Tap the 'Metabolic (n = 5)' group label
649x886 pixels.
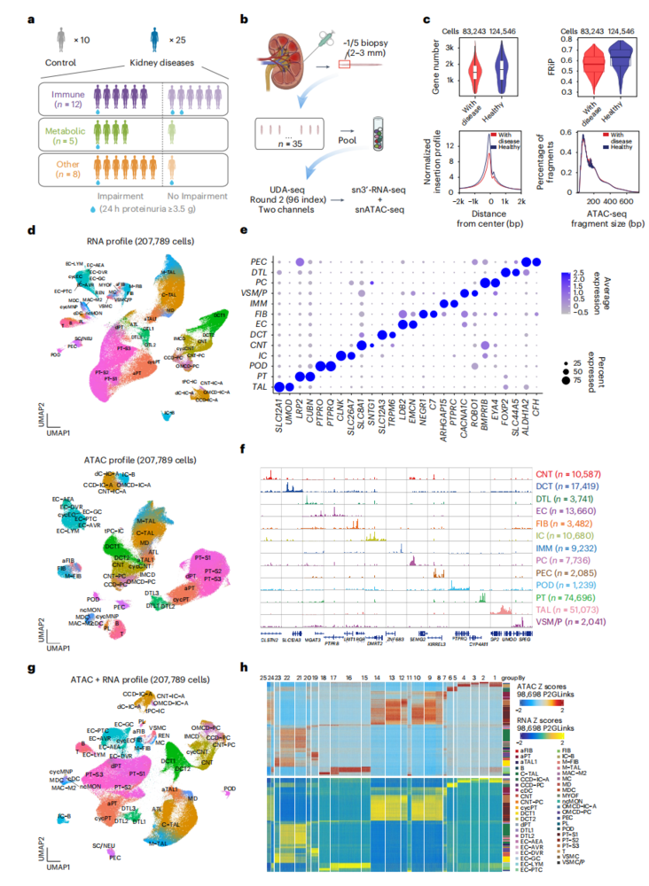tap(59, 131)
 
